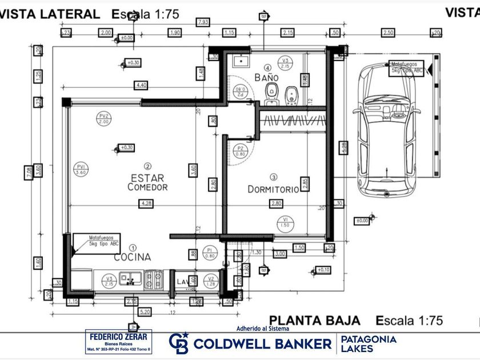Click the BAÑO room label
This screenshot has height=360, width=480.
tap(267, 77)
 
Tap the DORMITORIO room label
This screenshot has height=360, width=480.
tap(273, 189)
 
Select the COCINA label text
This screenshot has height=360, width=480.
tap(132, 257)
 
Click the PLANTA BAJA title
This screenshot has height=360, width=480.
tap(315, 320)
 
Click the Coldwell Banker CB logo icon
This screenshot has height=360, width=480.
tap(179, 342)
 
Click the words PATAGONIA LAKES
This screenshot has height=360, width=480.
tap(368, 343)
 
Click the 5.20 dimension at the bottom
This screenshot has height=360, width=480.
tap(145, 312)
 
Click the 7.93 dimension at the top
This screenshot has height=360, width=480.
tap(202, 22)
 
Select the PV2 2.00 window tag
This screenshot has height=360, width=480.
tap(103, 119)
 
